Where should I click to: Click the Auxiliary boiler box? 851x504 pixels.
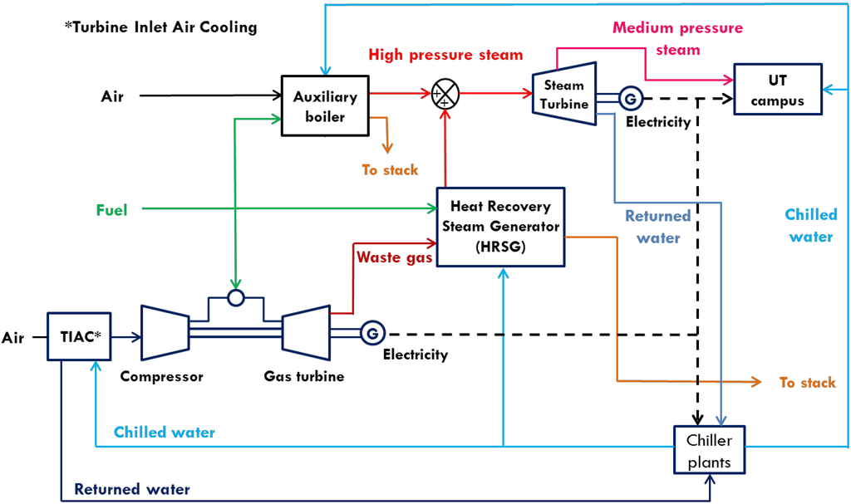tap(325, 105)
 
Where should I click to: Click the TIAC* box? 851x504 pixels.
tap(79, 337)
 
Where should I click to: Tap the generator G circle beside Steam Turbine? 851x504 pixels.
tap(630, 100)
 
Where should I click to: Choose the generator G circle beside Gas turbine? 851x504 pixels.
tap(371, 334)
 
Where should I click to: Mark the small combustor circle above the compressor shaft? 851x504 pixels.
tap(236, 296)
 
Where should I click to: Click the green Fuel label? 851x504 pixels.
tap(111, 211)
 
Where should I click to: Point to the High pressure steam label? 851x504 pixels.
tap(445, 55)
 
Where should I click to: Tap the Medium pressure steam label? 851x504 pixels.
tap(677, 38)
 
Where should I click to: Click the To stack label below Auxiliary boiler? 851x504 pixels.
tap(390, 170)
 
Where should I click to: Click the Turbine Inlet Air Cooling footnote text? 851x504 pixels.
tap(161, 27)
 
